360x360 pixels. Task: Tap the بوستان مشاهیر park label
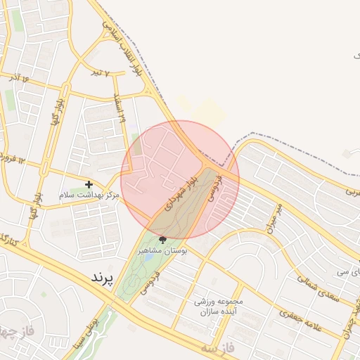pos(162,250)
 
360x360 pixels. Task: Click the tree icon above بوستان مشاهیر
pos(162,240)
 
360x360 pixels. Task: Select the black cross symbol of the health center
pos(89,184)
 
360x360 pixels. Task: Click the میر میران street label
pos(274,217)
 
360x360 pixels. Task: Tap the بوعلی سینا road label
pos(91,337)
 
